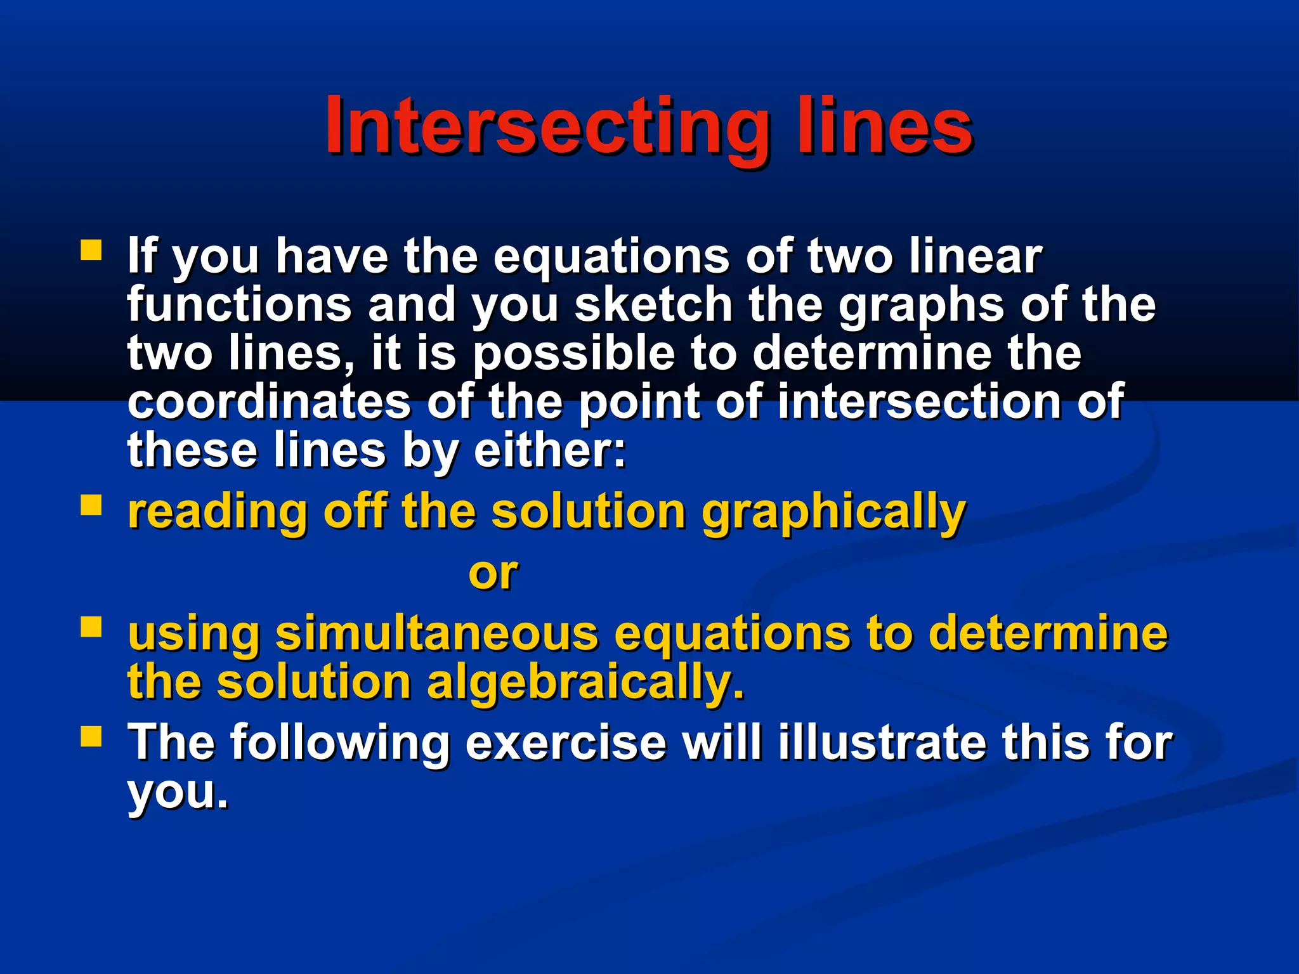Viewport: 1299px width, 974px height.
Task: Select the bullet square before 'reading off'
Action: point(91,505)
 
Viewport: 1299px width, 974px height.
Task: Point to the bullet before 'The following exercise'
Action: point(91,736)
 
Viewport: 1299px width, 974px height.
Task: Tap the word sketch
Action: point(653,305)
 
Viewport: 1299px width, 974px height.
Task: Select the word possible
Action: point(573,354)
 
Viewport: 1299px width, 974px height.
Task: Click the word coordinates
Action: point(270,402)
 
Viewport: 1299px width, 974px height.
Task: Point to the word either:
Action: point(549,450)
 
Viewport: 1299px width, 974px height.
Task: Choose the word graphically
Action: point(833,512)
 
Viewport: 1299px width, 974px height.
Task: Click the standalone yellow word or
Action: point(493,573)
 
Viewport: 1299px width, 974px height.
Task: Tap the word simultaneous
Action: point(437,633)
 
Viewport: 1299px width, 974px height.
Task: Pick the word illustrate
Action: point(881,743)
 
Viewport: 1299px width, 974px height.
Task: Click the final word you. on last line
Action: point(177,793)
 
